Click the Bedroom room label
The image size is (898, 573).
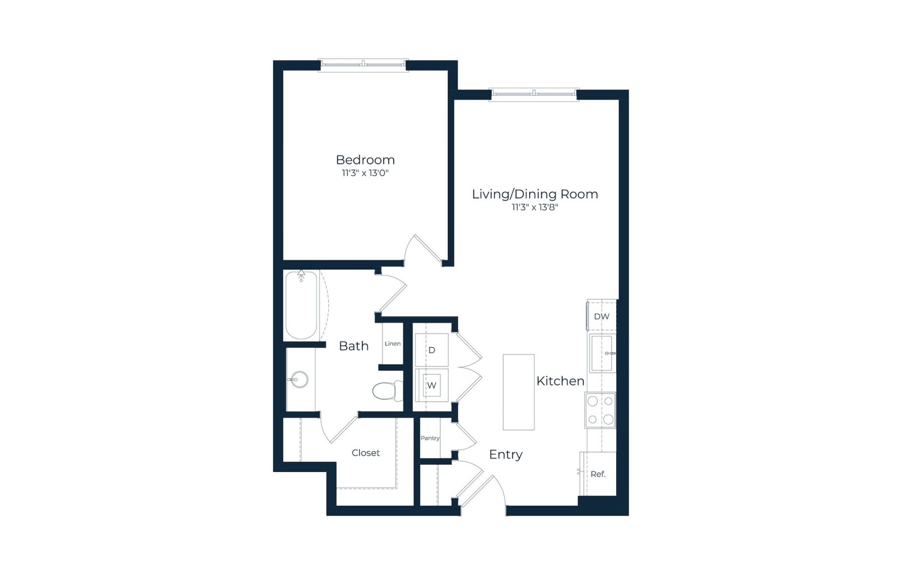pyautogui.click(x=365, y=160)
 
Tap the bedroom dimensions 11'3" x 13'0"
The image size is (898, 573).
pyautogui.click(x=365, y=174)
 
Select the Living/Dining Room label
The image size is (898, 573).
pyautogui.click(x=535, y=194)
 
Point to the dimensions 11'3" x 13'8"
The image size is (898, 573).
pyautogui.click(x=535, y=207)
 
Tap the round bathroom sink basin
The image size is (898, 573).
pyautogui.click(x=300, y=379)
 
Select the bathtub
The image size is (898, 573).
pyautogui.click(x=301, y=305)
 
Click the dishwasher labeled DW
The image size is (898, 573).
pyautogui.click(x=601, y=316)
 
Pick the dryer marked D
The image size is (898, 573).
pyautogui.click(x=432, y=350)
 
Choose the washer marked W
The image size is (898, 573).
pyautogui.click(x=432, y=385)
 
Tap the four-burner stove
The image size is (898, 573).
pyautogui.click(x=600, y=410)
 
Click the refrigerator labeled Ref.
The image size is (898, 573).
pyautogui.click(x=598, y=474)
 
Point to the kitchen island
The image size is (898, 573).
pyautogui.click(x=519, y=392)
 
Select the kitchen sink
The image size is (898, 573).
pyautogui.click(x=602, y=353)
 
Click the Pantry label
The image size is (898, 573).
pyautogui.click(x=430, y=438)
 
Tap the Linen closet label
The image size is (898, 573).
pyautogui.click(x=393, y=343)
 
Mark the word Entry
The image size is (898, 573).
pyautogui.click(x=506, y=454)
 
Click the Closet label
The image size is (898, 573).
pyautogui.click(x=365, y=453)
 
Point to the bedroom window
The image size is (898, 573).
pyautogui.click(x=363, y=65)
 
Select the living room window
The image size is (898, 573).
pyautogui.click(x=534, y=94)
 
